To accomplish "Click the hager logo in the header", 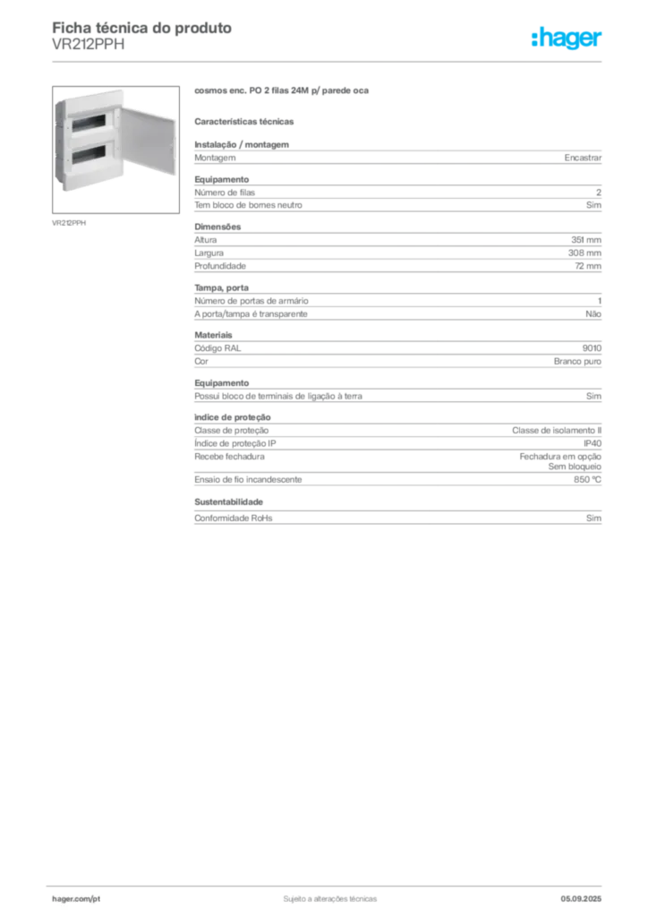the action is click(567, 38).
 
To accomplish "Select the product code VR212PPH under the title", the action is click(89, 45).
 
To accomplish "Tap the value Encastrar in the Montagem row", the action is click(583, 158).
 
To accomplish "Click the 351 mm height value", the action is click(586, 240).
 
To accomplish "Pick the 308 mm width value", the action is click(584, 253).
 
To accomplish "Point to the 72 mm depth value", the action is click(588, 266).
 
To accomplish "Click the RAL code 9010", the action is click(592, 348).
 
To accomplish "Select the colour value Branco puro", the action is click(577, 362).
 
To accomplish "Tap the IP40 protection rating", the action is click(593, 443).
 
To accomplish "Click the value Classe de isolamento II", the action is click(557, 431).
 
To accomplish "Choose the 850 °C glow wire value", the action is click(587, 480).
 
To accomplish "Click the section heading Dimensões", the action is click(217, 227).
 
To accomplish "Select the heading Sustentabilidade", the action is click(228, 501).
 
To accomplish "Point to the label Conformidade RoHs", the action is click(233, 518).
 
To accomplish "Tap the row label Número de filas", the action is click(225, 193).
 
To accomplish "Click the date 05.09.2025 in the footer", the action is click(581, 899).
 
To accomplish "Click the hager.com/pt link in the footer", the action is click(76, 899).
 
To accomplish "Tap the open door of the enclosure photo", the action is click(149, 140).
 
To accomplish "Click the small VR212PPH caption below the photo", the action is click(69, 223).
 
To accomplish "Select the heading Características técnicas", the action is click(244, 122).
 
